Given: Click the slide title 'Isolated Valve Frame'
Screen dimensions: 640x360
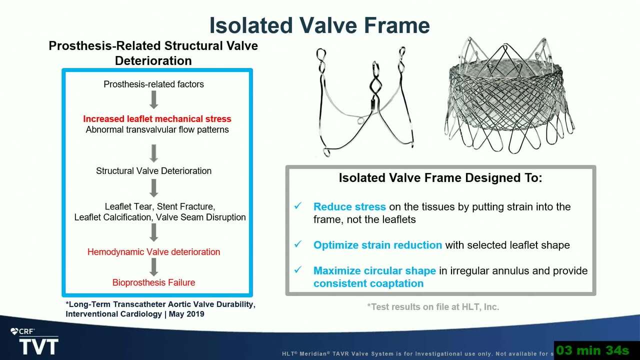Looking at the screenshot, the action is pos(319,25).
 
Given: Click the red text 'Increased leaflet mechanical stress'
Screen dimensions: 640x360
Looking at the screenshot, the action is pos(157,119).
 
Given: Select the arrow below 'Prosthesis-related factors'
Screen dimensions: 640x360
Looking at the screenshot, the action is pos(153,99).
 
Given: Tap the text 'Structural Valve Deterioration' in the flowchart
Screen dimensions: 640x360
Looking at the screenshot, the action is pos(153,171).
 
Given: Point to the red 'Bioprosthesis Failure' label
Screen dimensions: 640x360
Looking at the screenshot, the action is pos(153,282).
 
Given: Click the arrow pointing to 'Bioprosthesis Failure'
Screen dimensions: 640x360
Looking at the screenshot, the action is pos(153,267).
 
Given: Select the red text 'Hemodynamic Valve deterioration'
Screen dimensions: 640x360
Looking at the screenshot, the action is pos(153,252).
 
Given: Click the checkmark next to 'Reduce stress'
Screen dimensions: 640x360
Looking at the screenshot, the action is pos(298,205).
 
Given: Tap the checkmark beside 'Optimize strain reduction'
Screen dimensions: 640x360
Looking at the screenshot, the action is pos(298,244).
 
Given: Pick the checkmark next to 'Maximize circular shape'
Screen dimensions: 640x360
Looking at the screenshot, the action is pos(298,269).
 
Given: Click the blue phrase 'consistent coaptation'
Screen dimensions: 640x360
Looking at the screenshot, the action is pos(368,283).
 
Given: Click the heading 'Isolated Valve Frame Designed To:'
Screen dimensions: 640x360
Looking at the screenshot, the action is pos(440,177).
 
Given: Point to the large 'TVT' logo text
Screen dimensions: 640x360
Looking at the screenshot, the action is pos(39,346).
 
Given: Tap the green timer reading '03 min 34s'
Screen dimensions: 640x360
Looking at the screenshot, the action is pos(593,350).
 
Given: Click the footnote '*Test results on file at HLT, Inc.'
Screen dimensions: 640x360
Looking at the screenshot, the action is pos(433,307).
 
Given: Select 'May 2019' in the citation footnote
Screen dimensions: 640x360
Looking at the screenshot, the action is pos(186,314).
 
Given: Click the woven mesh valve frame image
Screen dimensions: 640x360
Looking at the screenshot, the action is pos(509,95).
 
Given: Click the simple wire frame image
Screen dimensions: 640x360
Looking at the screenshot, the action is pos(365,101).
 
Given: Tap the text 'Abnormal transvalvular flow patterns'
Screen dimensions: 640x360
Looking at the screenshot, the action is pos(157,129).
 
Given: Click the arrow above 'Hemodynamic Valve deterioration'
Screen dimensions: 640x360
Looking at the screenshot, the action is pos(153,232).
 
